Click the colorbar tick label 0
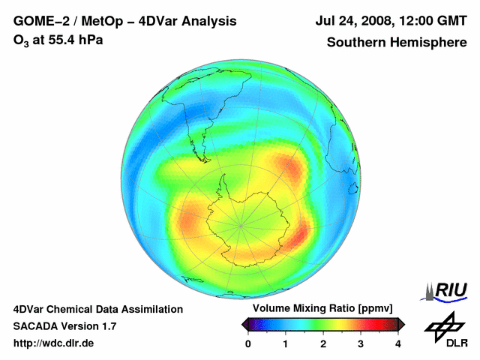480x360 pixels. click(x=248, y=343)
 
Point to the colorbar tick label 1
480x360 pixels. click(x=286, y=343)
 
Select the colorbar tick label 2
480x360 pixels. click(x=323, y=343)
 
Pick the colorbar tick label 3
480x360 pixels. click(x=361, y=343)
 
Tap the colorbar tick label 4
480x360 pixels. click(x=398, y=343)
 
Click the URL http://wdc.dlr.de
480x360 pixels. click(x=54, y=343)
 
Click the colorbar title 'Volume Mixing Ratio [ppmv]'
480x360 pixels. click(x=322, y=309)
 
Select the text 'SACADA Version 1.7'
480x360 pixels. click(x=64, y=326)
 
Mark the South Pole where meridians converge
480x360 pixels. click(x=241, y=223)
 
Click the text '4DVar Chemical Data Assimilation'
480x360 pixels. click(x=97, y=309)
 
